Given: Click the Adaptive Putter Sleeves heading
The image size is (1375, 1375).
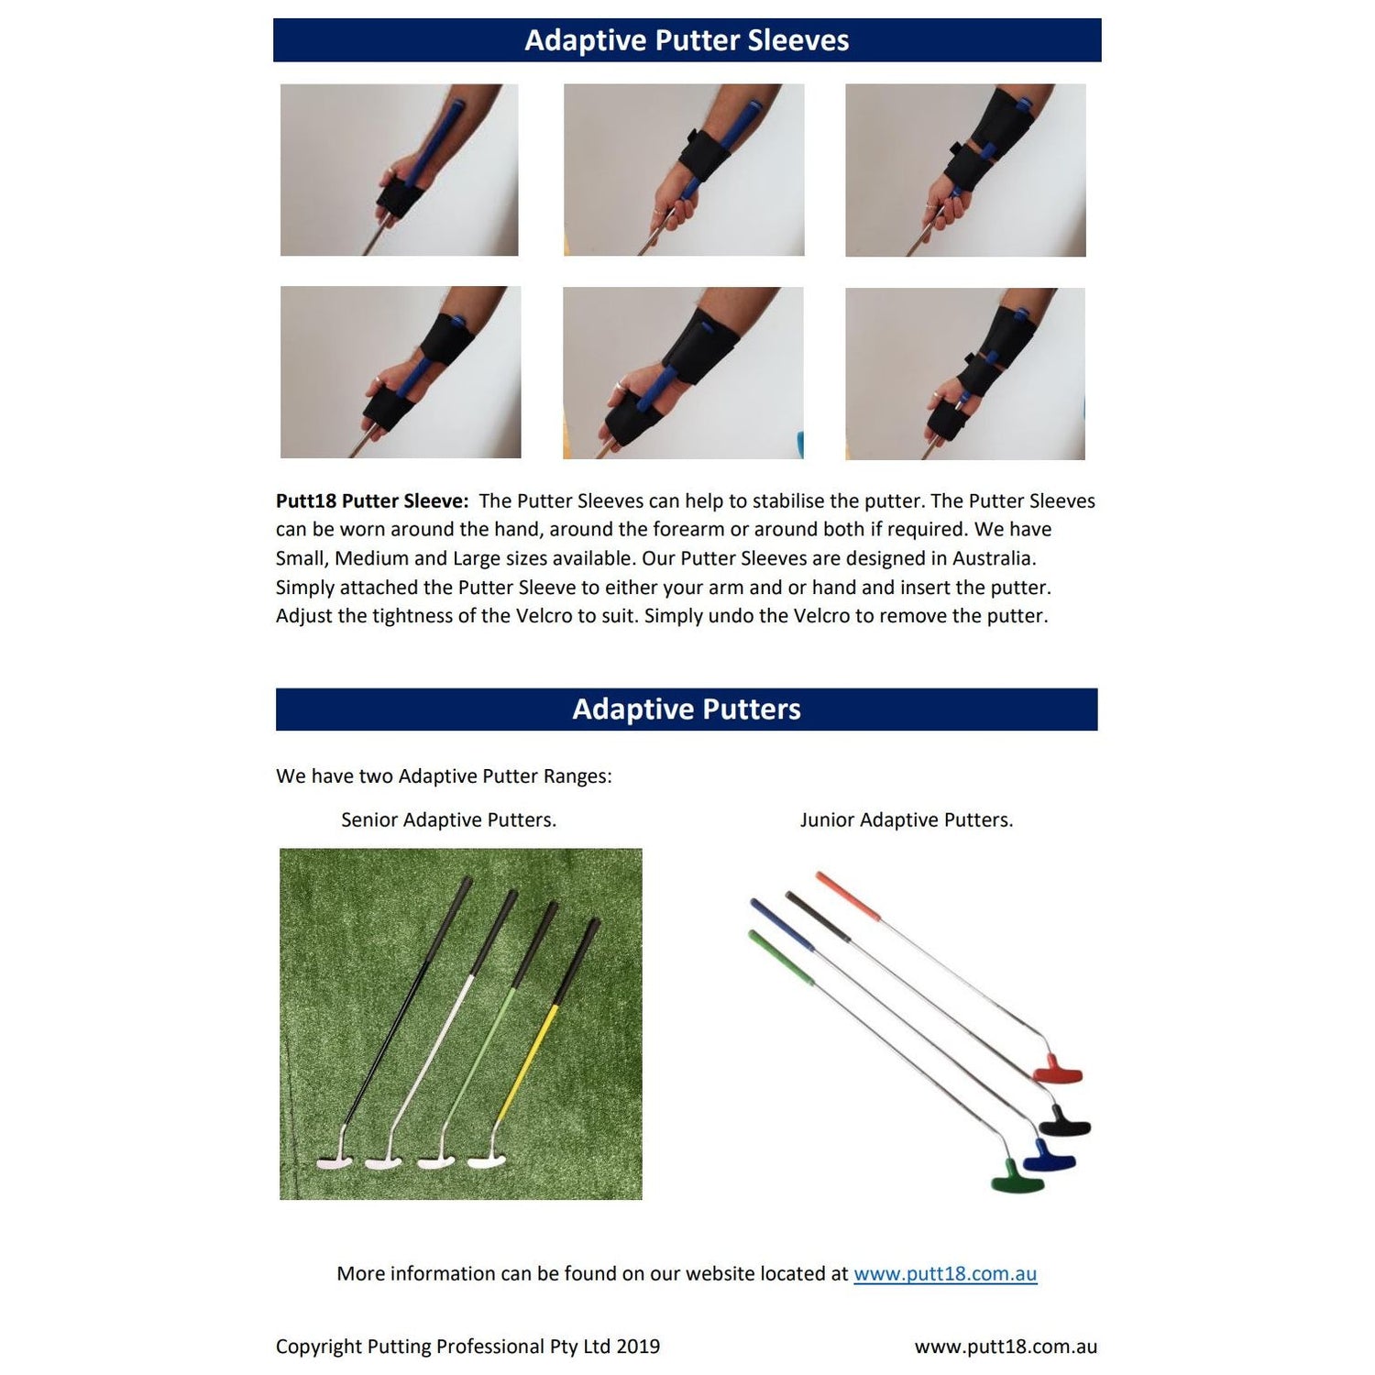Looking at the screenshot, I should tap(687, 40).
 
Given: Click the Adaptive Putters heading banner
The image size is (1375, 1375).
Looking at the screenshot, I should tap(687, 709).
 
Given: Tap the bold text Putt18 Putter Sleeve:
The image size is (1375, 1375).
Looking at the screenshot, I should tap(372, 501).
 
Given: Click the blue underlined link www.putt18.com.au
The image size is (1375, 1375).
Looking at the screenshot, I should tap(945, 1274).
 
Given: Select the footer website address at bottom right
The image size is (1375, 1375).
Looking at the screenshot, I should tap(1006, 1347).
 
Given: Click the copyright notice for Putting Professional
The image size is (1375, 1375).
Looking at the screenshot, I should tap(467, 1347).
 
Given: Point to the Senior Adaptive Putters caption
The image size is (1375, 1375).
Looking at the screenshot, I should tap(448, 820).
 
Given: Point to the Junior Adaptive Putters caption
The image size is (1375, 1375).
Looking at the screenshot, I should tap(907, 820).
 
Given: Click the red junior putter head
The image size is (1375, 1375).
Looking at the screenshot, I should tap(1058, 1070).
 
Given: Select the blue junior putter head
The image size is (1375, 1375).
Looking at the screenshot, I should tap(1049, 1157).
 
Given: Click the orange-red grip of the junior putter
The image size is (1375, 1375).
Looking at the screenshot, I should tap(847, 896).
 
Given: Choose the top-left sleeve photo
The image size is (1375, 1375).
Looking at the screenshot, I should tap(399, 170).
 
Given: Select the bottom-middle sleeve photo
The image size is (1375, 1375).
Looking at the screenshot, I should tap(683, 373).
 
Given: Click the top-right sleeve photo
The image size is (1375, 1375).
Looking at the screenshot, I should tap(965, 170).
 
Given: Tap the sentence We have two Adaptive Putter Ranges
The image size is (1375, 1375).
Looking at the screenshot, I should tap(444, 776).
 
